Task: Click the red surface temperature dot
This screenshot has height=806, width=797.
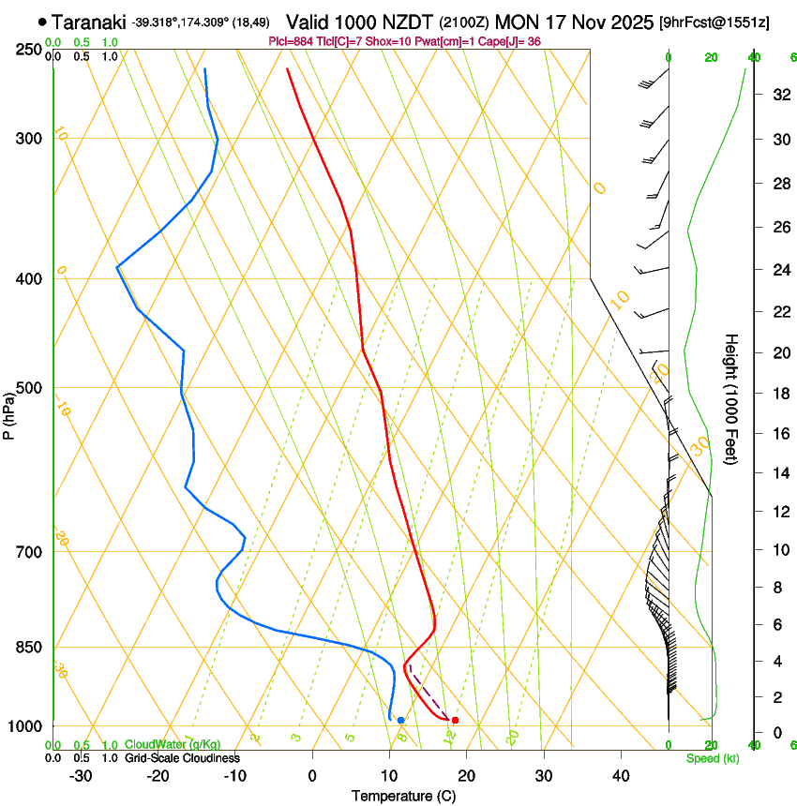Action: [455, 720]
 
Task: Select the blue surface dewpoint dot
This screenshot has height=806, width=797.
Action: [400, 720]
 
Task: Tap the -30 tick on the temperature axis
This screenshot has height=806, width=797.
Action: [81, 775]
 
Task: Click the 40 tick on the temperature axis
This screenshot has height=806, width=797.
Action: [621, 775]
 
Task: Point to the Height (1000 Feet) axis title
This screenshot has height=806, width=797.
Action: [731, 398]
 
